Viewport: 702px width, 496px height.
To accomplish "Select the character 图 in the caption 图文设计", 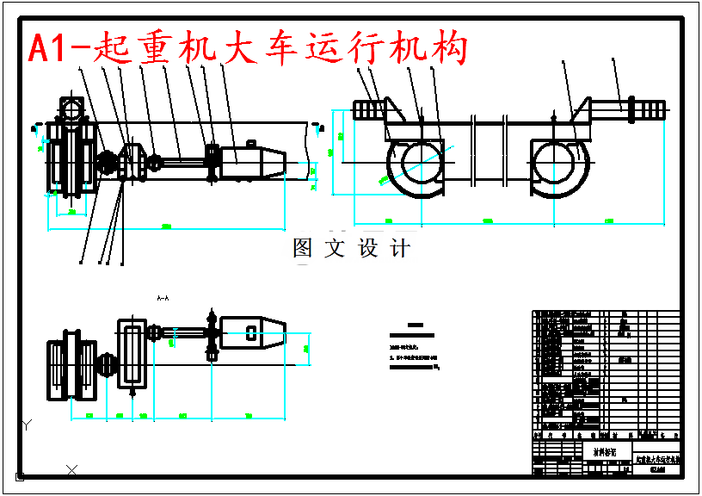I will tap(303, 249).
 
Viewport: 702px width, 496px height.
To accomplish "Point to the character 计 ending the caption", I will tap(401, 249).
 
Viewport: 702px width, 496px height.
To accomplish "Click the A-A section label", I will tap(163, 297).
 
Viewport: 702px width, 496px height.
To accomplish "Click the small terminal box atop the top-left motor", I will tap(252, 145).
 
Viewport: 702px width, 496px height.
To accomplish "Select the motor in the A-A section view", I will tap(254, 332).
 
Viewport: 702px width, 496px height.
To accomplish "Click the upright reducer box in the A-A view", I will tap(132, 353).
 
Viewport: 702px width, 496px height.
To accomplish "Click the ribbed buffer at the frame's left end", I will tap(370, 110).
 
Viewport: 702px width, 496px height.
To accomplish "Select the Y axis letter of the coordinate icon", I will tap(27, 424).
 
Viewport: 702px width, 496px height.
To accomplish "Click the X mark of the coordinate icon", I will tap(72, 469).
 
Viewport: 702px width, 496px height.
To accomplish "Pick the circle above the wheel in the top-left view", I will tap(70, 108).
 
